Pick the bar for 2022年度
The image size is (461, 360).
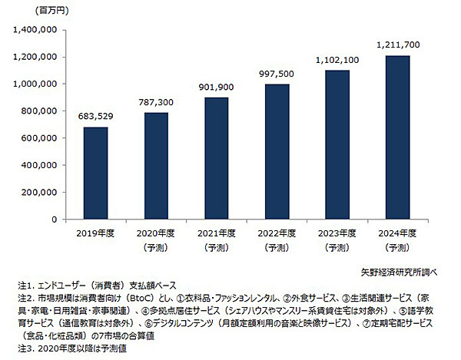[277, 152]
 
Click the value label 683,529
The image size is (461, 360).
[95, 117]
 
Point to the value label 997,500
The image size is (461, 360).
[277, 74]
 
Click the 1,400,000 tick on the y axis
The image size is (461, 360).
[36, 30]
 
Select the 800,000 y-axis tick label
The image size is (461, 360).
[41, 111]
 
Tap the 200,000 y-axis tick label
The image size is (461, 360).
[41, 192]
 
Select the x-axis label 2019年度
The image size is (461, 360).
[95, 234]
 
